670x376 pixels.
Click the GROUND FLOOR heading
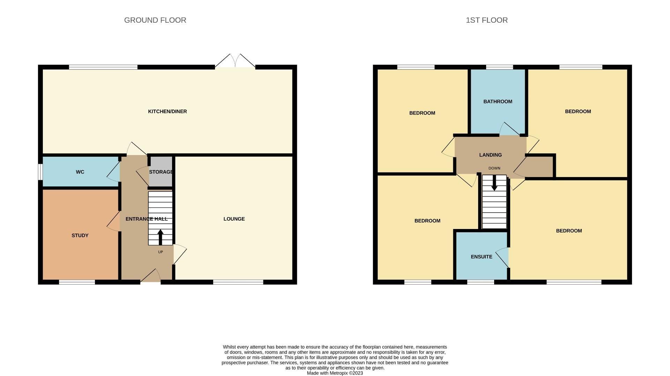tap(155, 20)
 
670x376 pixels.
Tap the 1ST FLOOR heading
tap(486, 20)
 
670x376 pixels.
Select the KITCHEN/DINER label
tap(167, 111)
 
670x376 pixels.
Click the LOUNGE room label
tap(234, 219)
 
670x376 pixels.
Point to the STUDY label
tap(80, 235)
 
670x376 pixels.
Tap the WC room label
tap(80, 172)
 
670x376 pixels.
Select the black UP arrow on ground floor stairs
tap(161, 237)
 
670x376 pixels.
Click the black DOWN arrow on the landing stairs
tap(494, 183)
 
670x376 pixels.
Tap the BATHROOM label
tap(498, 102)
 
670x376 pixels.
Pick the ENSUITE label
tap(481, 257)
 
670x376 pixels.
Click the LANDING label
tap(490, 155)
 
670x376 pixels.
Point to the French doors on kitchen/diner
tap(235, 61)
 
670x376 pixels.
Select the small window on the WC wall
tap(40, 172)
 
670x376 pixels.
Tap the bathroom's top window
tap(499, 67)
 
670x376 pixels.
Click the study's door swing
tap(113, 221)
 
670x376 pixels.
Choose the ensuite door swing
tap(502, 258)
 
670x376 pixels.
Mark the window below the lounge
tap(238, 282)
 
